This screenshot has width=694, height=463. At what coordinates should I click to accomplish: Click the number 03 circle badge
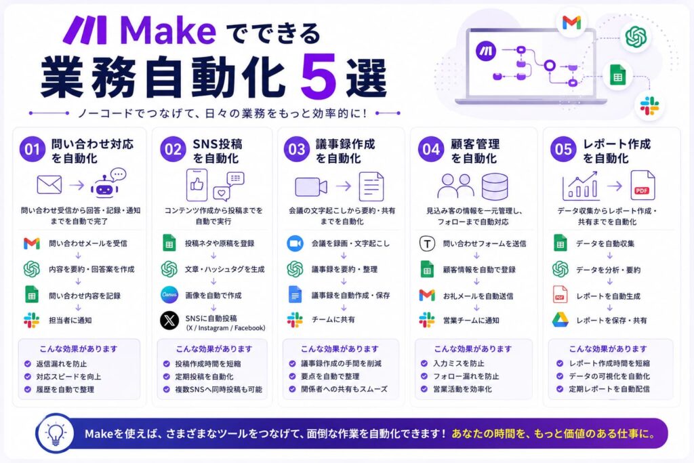(297, 149)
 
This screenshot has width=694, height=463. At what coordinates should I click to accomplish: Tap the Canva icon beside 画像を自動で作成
(169, 295)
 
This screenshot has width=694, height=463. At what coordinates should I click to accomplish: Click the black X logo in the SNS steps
(169, 321)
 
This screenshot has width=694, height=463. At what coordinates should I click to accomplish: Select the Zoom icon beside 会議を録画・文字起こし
(295, 243)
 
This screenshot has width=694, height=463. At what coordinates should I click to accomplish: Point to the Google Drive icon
(560, 319)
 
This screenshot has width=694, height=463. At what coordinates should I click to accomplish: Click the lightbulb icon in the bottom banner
(56, 433)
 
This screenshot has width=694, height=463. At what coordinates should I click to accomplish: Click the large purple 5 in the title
(319, 76)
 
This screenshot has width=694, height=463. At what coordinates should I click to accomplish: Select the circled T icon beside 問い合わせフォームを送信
(427, 243)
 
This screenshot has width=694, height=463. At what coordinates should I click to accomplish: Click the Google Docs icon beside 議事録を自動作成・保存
(295, 295)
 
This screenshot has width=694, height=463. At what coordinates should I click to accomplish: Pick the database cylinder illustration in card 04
(494, 186)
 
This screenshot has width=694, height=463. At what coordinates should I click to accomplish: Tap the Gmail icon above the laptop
(571, 22)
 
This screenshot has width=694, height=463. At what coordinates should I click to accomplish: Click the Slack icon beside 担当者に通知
(31, 320)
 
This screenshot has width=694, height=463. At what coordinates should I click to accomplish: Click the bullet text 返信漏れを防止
(62, 364)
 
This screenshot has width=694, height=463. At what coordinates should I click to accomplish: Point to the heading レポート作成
(617, 144)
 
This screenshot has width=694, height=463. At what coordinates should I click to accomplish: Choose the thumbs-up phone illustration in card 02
(197, 185)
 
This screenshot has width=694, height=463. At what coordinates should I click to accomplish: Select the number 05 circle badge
(563, 149)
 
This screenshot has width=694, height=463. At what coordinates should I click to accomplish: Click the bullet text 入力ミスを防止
(459, 363)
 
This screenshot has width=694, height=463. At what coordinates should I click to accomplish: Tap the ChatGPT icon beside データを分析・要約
(560, 269)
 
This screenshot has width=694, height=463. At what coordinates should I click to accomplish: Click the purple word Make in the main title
(168, 31)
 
